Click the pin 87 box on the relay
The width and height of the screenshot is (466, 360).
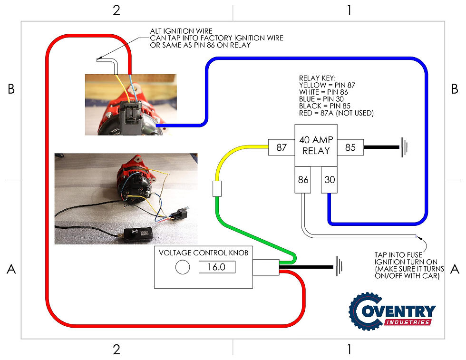click(282, 147)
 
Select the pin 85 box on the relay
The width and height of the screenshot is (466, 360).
click(350, 147)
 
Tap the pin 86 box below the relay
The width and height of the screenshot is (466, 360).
click(303, 180)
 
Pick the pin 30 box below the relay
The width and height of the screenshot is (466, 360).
click(329, 180)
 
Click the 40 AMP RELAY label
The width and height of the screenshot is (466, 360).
click(316, 145)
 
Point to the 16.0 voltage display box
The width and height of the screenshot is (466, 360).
click(217, 267)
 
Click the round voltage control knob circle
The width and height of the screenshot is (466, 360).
click(182, 267)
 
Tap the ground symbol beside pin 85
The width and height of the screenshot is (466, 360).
click(404, 147)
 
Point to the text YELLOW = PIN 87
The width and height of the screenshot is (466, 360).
click(327, 86)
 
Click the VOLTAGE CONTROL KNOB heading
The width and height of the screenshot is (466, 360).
click(203, 253)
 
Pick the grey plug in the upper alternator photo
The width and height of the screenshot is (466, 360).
click(131, 114)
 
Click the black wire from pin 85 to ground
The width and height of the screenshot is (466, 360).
click(381, 147)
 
